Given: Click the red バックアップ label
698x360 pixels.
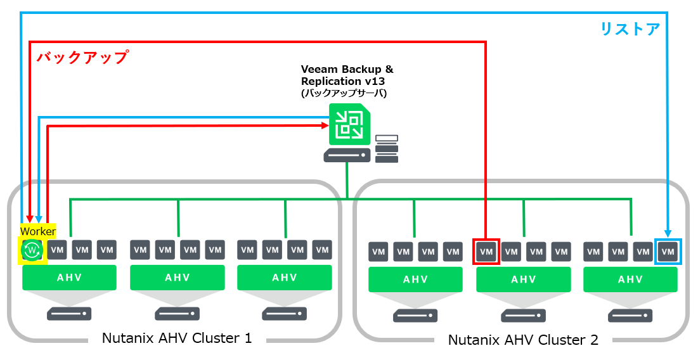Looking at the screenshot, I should [x=82, y=58].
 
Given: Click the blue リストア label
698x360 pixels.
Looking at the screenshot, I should [x=630, y=29].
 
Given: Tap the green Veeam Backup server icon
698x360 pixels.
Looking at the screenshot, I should [x=346, y=125].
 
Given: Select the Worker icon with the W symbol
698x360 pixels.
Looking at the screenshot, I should [x=31, y=251].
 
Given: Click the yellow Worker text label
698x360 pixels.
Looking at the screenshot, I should [x=38, y=231].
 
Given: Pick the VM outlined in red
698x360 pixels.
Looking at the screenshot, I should [x=486, y=252].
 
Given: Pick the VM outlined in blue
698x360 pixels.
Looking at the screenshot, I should [x=668, y=252].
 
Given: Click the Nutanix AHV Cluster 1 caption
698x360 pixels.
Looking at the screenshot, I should [x=177, y=338].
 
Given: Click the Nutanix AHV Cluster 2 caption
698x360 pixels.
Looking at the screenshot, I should [x=523, y=340].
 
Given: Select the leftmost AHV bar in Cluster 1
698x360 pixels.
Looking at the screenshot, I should [x=69, y=278].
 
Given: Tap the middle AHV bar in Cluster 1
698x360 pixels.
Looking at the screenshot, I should [x=177, y=278].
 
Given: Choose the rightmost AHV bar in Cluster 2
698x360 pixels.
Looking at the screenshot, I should [x=630, y=280].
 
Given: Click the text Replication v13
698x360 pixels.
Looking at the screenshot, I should [x=342, y=81].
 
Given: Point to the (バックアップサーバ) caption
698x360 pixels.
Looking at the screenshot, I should [x=343, y=93].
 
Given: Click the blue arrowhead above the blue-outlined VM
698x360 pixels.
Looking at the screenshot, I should [x=667, y=232].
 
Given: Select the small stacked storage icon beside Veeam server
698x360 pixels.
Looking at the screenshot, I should [x=387, y=148].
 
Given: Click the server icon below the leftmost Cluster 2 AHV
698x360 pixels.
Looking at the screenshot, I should [x=415, y=315].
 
